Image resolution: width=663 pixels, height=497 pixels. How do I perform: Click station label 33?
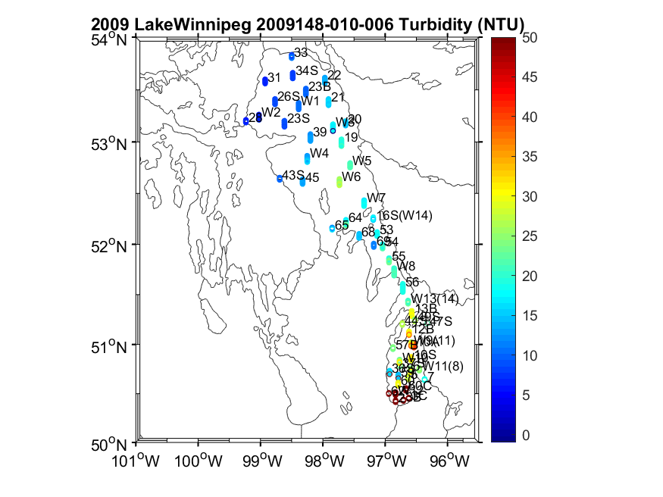[x=301, y=52]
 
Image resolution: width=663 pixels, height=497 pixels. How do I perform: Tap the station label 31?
[x=274, y=77]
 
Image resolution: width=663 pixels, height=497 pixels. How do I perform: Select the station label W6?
[x=351, y=177]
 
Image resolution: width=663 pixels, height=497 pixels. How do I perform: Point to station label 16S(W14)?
[x=405, y=216]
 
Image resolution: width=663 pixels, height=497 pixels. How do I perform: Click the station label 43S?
[x=293, y=176]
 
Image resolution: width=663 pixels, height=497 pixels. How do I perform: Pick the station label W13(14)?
[x=435, y=299]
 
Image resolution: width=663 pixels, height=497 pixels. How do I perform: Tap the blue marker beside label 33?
[x=292, y=56]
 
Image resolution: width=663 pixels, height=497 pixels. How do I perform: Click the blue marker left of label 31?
[x=265, y=81]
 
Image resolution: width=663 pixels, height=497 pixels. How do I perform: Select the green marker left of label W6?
[x=339, y=181]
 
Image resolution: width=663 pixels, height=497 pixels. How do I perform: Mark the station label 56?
[x=412, y=283]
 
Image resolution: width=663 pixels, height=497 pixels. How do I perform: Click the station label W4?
[x=319, y=153]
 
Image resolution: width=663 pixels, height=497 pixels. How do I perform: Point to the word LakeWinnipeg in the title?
[x=191, y=24]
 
